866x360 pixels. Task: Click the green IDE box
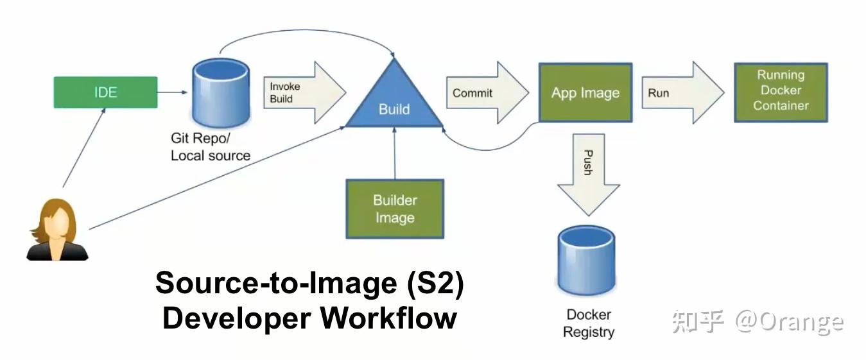point(105,92)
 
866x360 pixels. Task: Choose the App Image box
point(585,92)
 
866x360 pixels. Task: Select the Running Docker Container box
point(781,91)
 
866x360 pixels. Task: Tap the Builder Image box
point(395,209)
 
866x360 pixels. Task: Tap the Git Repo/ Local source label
point(210,147)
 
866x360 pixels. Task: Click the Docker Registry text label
point(589,323)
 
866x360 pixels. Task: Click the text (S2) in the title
point(435,284)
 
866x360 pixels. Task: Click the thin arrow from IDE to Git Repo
point(172,92)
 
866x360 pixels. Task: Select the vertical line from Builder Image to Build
point(395,153)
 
